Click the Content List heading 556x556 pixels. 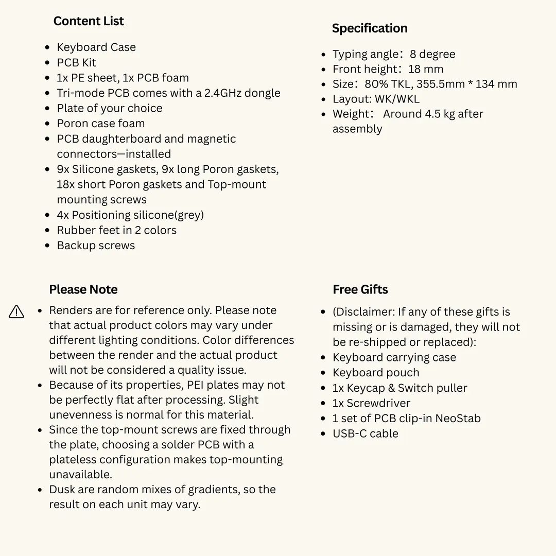[89, 21]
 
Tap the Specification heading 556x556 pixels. [370, 28]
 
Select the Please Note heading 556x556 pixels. [83, 289]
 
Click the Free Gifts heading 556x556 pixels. [360, 289]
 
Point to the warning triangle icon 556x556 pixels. [16, 311]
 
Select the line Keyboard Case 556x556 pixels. [96, 47]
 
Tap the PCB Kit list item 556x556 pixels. [76, 63]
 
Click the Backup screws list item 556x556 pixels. [96, 246]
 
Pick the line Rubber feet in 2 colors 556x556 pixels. [116, 230]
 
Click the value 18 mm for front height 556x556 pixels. [426, 69]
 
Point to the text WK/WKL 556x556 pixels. [397, 99]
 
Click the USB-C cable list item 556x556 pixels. [366, 433]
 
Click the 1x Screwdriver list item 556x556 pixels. [371, 403]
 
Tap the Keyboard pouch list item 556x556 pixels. [376, 373]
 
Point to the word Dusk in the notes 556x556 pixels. [61, 490]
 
